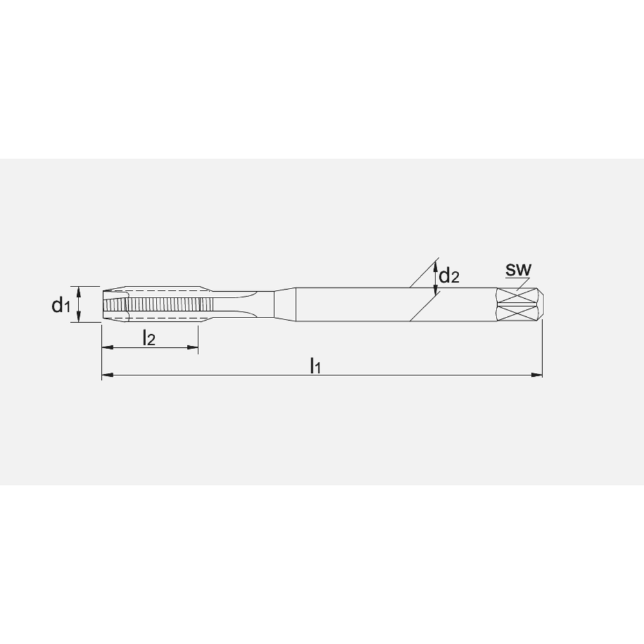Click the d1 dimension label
coord(60,305)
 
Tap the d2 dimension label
coord(450,276)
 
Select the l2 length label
coord(149,337)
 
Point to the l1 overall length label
coord(316,366)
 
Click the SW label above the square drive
coord(517,269)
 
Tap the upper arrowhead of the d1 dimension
coord(79,290)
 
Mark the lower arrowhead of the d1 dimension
coord(79,318)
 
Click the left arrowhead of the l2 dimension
coord(107,348)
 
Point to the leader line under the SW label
coord(518,281)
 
